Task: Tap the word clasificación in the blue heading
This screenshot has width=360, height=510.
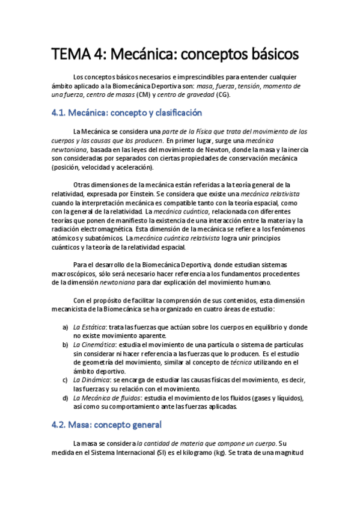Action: (x=172, y=112)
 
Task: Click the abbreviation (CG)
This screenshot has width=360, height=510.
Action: (x=224, y=94)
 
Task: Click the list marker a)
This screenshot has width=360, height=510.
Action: (x=65, y=327)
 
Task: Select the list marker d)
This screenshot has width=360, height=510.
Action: (x=65, y=398)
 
